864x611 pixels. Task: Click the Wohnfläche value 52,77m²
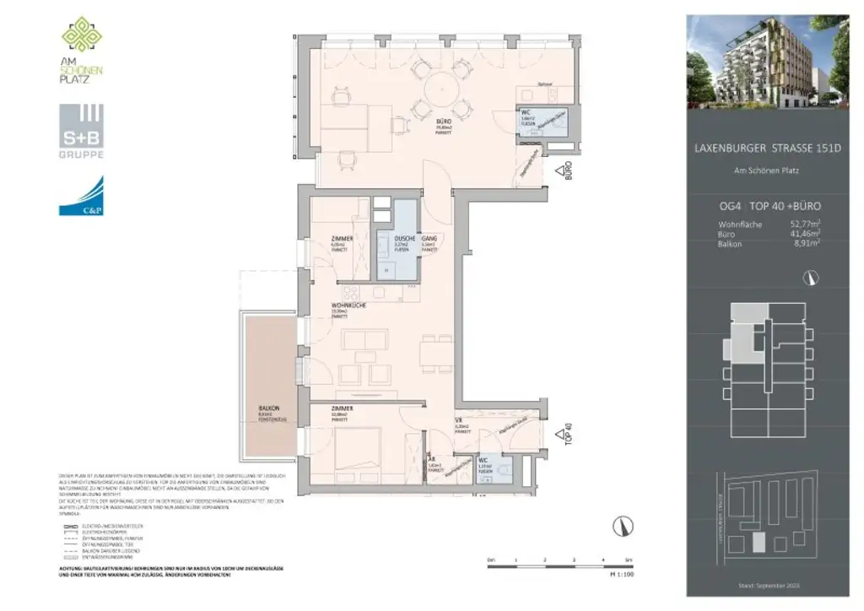(805, 224)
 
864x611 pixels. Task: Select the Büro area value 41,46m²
(805, 233)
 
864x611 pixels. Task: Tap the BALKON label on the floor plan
(269, 408)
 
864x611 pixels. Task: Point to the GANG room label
(429, 239)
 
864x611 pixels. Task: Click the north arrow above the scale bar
(623, 525)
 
